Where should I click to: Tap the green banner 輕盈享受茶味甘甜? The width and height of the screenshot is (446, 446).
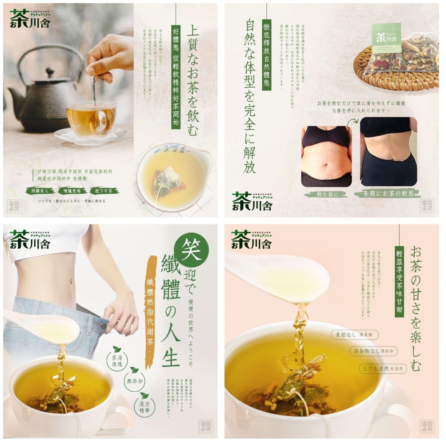point(399,279)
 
